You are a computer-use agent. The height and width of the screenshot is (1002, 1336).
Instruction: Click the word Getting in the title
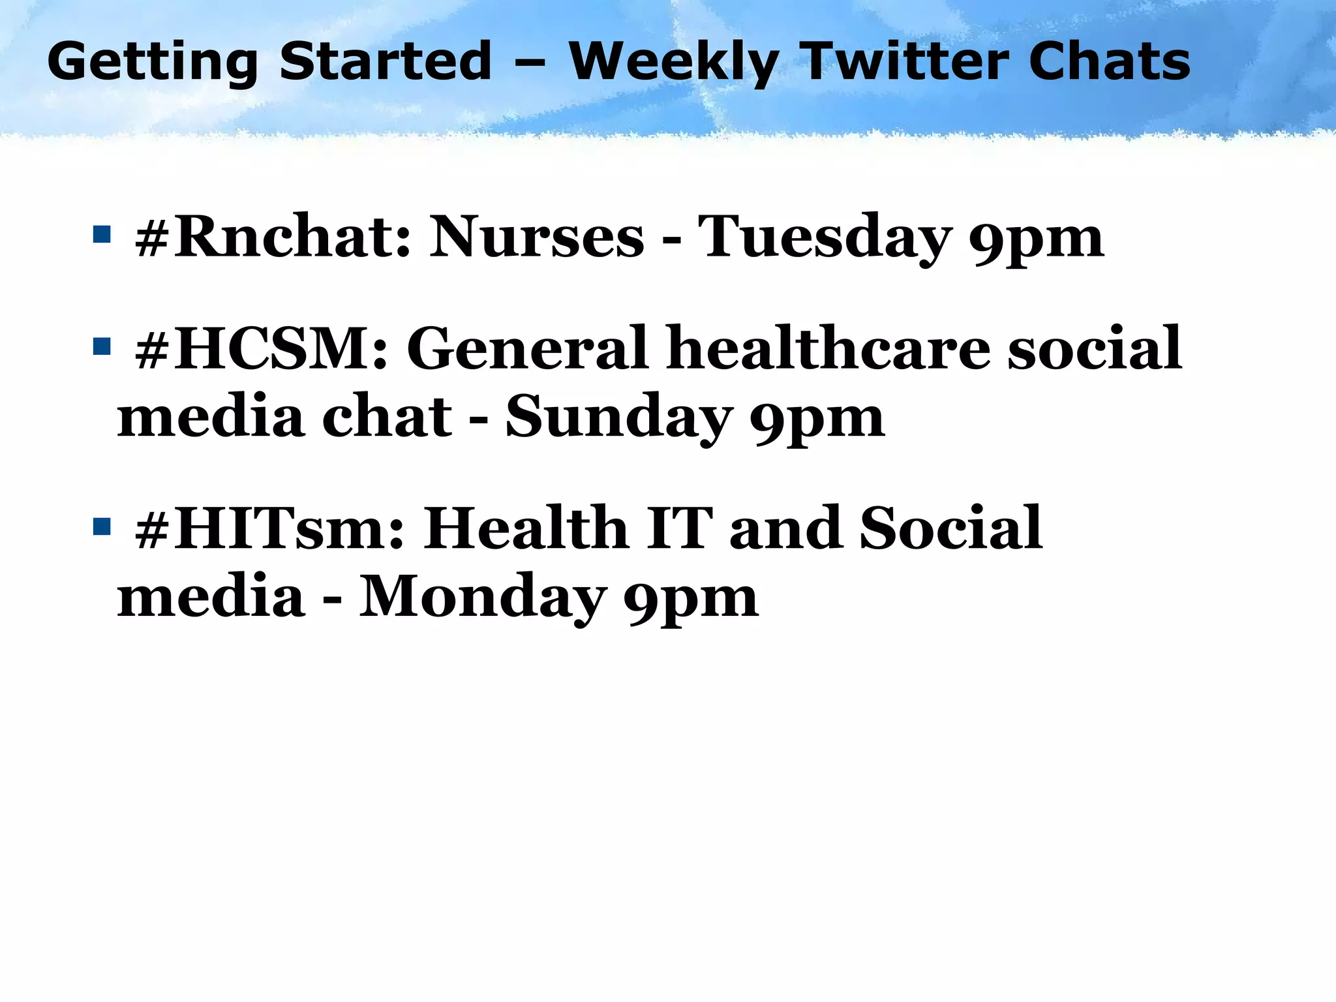point(153,63)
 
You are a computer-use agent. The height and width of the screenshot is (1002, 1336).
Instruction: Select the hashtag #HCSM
point(261,350)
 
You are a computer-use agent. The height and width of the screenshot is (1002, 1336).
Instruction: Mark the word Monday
point(483,598)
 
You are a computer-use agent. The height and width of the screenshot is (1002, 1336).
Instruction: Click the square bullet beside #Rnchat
point(102,234)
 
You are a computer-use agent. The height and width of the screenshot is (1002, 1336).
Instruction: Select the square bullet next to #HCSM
point(102,346)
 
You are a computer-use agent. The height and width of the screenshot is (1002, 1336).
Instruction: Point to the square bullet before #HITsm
point(102,526)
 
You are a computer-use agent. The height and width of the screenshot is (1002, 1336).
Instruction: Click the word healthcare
point(828,350)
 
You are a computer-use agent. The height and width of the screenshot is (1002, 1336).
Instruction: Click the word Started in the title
point(385,61)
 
